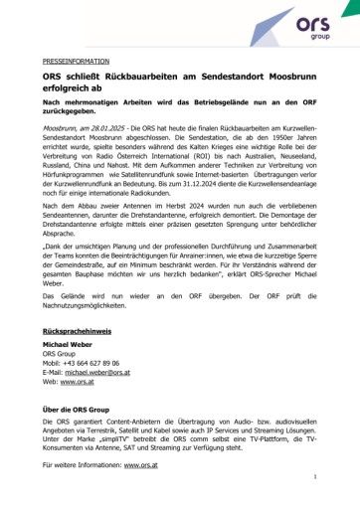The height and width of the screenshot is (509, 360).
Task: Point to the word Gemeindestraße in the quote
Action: click(x=103, y=281)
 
